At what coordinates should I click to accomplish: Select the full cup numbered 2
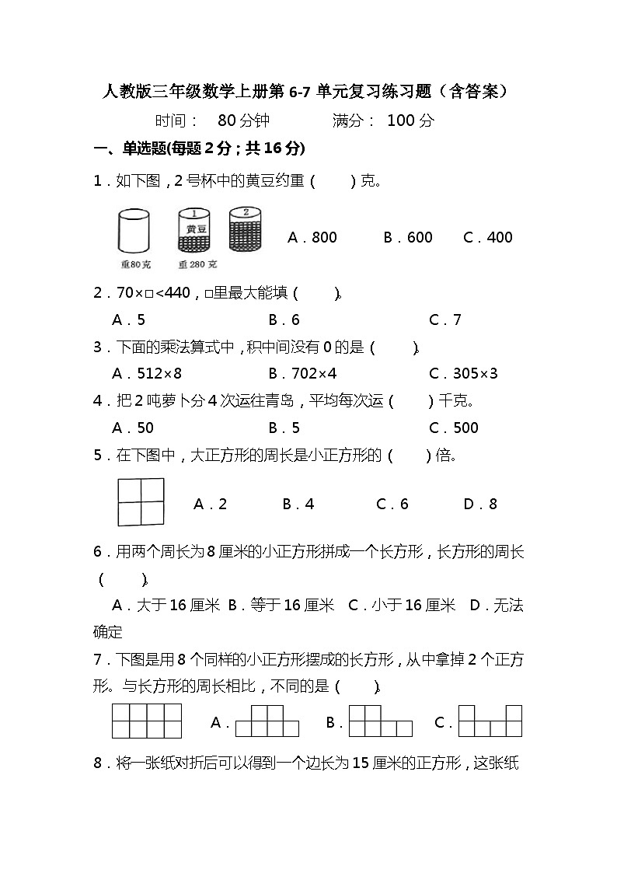tap(246, 228)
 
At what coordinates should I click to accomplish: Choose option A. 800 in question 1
tap(312, 238)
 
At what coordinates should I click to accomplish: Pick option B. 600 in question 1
tap(408, 238)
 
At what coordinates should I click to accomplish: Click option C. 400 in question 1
tap(488, 238)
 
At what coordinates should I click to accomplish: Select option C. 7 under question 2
tap(445, 320)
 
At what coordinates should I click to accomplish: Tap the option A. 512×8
tap(142, 373)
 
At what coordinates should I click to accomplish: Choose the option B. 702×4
tap(303, 373)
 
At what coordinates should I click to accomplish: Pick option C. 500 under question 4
tap(454, 428)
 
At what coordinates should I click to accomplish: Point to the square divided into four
tap(141, 502)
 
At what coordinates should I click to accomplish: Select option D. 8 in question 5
tap(480, 505)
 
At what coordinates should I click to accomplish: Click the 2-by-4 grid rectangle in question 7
tap(147, 721)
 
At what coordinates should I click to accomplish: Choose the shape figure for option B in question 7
tap(380, 721)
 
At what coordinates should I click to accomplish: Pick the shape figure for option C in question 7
tap(490, 721)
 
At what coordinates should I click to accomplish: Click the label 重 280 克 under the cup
tap(197, 265)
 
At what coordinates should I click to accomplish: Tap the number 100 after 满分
tap(401, 120)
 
